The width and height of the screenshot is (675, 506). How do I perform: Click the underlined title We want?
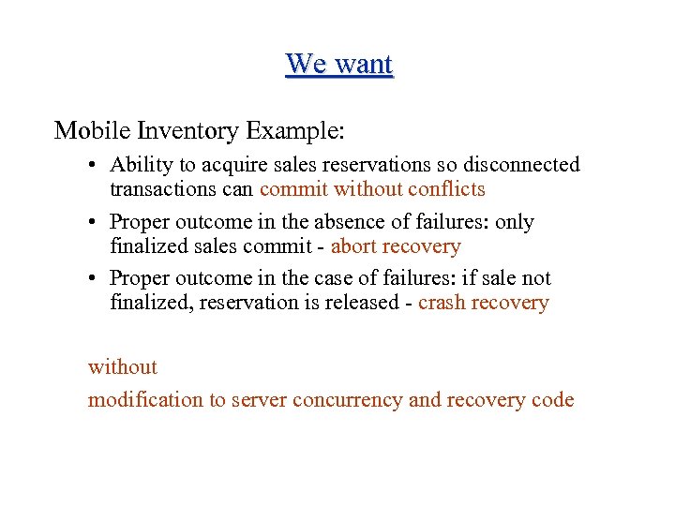click(x=339, y=64)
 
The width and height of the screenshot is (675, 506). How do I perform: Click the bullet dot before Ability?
click(x=95, y=167)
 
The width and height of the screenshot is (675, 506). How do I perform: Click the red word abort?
click(x=353, y=246)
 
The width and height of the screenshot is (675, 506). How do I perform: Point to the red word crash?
click(x=441, y=303)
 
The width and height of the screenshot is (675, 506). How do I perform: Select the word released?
click(x=357, y=303)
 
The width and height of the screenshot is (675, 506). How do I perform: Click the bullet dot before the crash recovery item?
click(x=95, y=279)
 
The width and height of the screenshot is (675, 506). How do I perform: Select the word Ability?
click(x=142, y=165)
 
